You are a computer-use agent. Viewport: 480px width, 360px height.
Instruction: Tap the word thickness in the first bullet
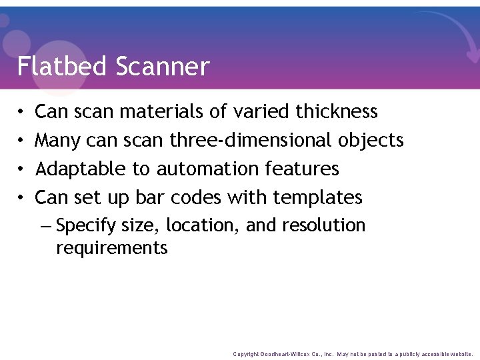(337, 111)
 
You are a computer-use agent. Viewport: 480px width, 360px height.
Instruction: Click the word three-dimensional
(251, 141)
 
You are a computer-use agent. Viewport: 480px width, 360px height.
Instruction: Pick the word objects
(371, 140)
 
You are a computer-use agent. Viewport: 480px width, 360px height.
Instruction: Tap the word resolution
(323, 226)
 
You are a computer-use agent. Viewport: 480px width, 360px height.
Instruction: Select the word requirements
(112, 249)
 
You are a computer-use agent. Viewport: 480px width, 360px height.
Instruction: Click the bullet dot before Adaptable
(21, 169)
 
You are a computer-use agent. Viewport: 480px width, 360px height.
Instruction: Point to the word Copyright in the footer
(246, 354)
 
